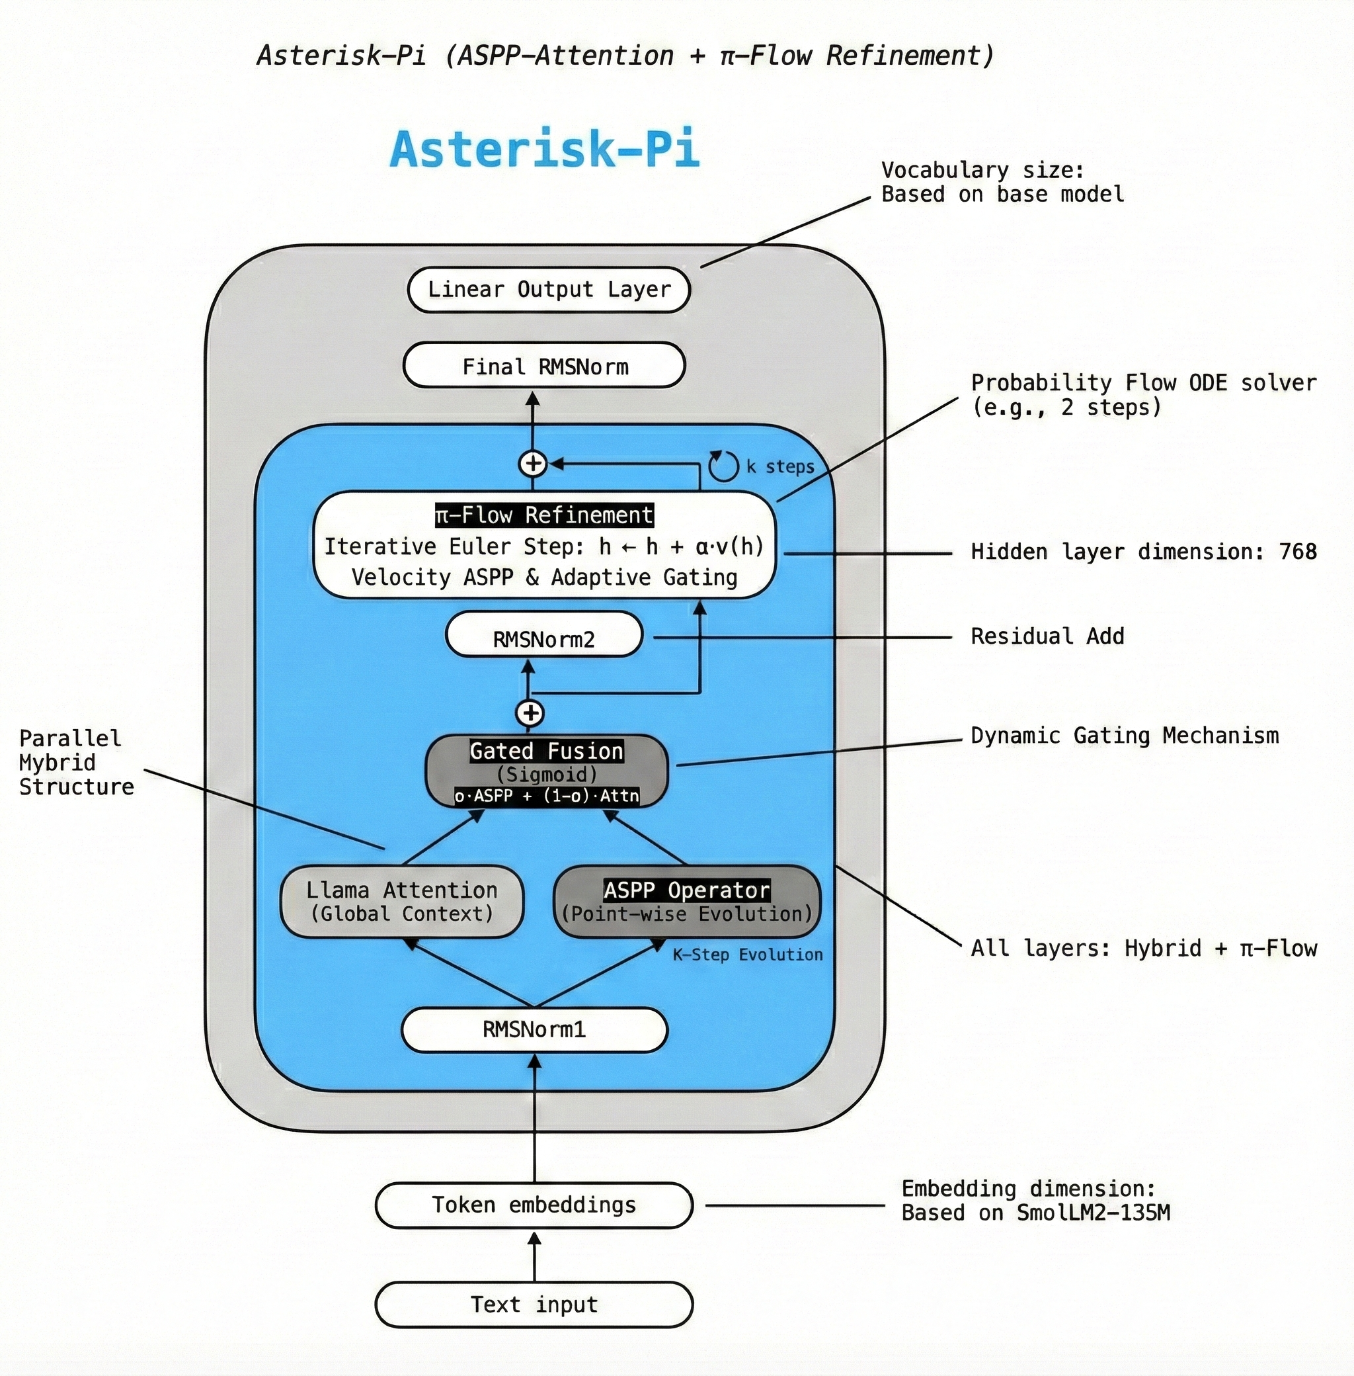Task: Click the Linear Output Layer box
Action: coord(548,290)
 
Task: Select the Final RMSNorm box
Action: coord(544,366)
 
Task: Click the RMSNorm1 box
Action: coord(534,1029)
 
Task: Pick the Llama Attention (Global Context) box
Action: coord(402,902)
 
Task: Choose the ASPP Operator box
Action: coord(686,902)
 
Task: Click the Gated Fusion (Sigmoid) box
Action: coord(546,771)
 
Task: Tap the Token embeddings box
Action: coord(534,1205)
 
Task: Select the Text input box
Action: coord(534,1304)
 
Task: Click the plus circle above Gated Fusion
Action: coord(530,712)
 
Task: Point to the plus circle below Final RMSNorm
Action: coord(533,464)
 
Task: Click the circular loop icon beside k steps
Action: coord(723,467)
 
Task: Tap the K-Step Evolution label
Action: coord(746,955)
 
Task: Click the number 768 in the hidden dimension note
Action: coord(1297,552)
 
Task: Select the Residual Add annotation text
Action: coord(1047,636)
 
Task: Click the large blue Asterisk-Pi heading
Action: coord(545,150)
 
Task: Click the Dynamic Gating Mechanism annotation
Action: coord(1125,735)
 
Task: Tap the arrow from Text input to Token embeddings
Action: coord(534,1255)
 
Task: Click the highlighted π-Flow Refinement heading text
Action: coord(544,515)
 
